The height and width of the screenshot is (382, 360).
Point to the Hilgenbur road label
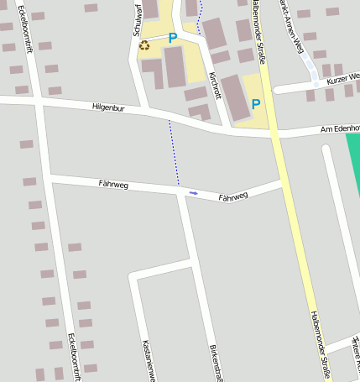click(109, 107)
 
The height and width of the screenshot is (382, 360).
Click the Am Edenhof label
click(340, 128)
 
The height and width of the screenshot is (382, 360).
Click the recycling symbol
click(145, 44)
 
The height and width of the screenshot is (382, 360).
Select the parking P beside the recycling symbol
click(173, 38)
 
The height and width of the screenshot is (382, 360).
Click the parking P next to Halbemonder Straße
click(256, 104)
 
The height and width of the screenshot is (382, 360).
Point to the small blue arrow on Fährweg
click(194, 193)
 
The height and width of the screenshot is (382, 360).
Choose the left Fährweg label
click(113, 184)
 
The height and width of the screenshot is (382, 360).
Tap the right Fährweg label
click(233, 197)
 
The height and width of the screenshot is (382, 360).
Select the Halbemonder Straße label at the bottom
click(321, 344)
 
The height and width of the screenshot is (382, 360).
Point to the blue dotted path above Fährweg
click(174, 151)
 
